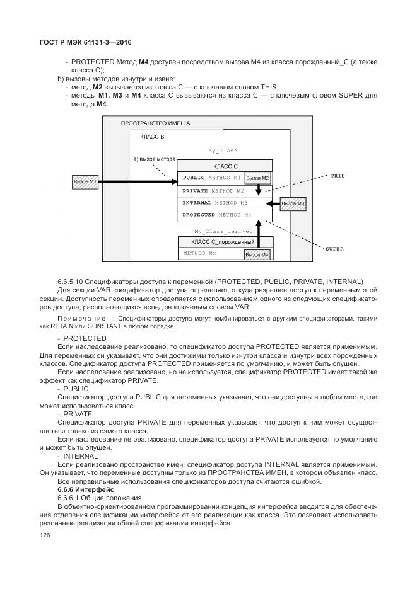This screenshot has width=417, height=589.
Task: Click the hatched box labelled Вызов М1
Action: tap(84, 182)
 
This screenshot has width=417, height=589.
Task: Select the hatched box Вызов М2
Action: tap(257, 178)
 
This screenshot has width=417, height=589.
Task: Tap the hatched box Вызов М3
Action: tap(293, 203)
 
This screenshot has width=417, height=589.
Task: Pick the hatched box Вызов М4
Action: tap(257, 254)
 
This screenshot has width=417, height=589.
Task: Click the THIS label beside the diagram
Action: tap(338, 176)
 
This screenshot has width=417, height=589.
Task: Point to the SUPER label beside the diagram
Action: tap(334, 249)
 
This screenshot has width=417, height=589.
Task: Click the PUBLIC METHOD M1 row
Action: tap(211, 178)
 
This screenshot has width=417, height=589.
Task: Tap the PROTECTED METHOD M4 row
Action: tap(217, 215)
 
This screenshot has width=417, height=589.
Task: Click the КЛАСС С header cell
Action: tap(225, 166)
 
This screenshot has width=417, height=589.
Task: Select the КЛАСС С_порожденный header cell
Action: tap(225, 242)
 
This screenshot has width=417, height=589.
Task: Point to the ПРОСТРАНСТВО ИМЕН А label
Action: tap(155, 124)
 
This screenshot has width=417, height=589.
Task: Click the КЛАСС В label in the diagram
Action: tap(152, 137)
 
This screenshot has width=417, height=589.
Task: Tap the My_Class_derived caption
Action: tap(223, 231)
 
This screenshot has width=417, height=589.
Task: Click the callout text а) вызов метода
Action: tap(154, 159)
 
